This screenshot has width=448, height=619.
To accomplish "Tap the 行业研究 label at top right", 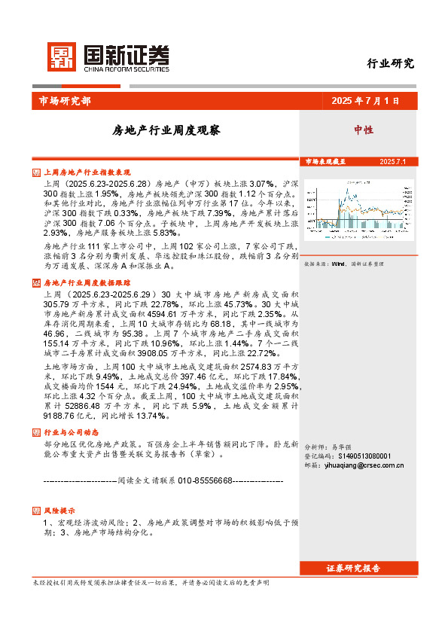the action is point(390,63).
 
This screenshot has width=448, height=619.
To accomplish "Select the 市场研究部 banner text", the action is point(64,101).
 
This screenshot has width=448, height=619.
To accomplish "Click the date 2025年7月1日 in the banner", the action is point(364,101).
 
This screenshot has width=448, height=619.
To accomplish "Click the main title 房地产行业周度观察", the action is point(166,130).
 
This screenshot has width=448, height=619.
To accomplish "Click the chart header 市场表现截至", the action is point(325,162).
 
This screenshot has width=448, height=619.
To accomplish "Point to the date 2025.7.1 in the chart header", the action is point(392,162).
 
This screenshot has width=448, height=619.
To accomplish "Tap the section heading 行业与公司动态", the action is point(71,433).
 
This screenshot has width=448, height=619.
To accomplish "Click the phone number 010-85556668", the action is point(200,480).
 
